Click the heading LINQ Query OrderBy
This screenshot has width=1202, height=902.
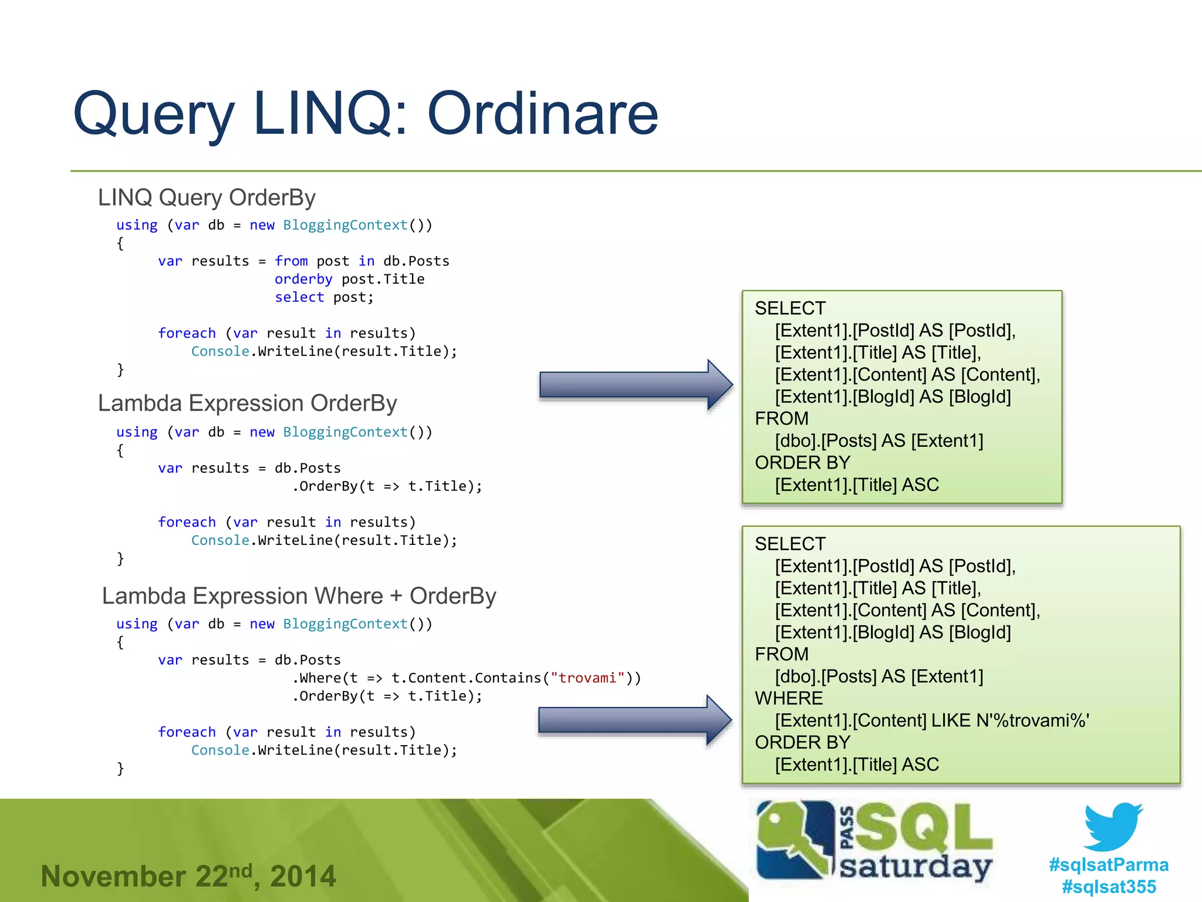pos(207,197)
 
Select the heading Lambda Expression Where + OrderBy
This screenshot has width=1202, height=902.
pos(299,595)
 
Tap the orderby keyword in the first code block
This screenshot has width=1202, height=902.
pos(303,279)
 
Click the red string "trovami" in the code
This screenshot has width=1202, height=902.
pos(587,678)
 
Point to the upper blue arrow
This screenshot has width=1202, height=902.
pos(634,385)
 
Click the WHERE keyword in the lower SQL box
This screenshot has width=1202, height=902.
pos(788,698)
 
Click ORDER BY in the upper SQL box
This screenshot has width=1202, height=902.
pos(802,463)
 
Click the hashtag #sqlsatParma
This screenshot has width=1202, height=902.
pos(1108,864)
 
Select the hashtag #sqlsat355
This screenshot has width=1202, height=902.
pos(1108,886)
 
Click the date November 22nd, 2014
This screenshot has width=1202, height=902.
pos(188,876)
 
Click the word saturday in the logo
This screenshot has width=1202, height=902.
pos(915,867)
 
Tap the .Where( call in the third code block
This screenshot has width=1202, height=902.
pos(317,678)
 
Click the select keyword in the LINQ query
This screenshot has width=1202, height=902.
pos(299,297)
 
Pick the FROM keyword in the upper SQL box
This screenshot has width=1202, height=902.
pos(781,419)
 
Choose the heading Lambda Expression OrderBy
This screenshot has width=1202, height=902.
pos(247,403)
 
